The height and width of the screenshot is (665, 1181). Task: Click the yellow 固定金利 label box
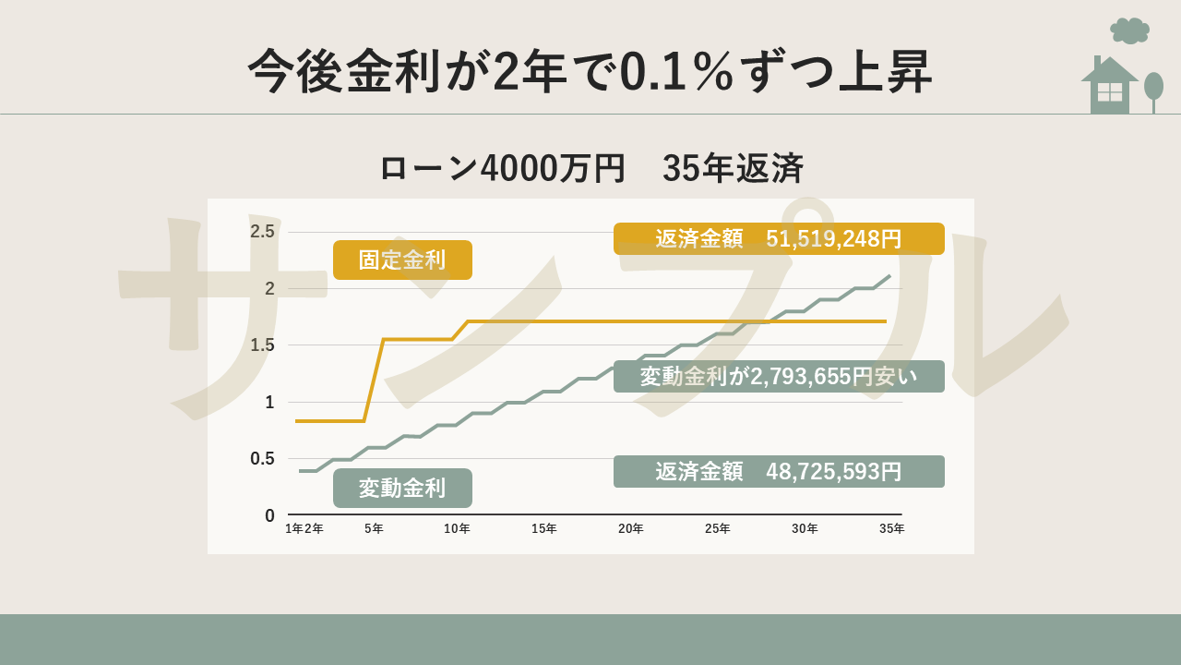[x=402, y=260]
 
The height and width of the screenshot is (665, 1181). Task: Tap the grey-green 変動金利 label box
[x=402, y=488]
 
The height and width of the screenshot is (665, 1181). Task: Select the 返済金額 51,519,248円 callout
[x=779, y=238]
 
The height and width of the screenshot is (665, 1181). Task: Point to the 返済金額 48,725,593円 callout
[x=779, y=471]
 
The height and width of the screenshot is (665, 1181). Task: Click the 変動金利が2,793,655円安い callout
[x=779, y=376]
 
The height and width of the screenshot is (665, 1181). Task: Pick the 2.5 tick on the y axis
[x=262, y=232]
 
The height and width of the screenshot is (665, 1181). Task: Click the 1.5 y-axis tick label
[x=262, y=345]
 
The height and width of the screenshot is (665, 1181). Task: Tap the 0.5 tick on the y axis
[x=262, y=459]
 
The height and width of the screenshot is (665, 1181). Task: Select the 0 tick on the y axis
[x=269, y=515]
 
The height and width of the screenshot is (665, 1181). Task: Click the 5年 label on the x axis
[x=374, y=529]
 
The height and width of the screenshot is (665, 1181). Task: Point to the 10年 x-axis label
[x=457, y=529]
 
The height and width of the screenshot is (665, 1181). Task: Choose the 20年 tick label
[x=631, y=529]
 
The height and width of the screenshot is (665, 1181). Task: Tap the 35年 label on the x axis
[x=891, y=529]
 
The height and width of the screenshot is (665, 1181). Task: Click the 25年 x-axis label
[x=718, y=529]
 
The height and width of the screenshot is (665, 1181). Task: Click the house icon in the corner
[x=1109, y=87]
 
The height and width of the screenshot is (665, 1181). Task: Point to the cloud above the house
[x=1129, y=30]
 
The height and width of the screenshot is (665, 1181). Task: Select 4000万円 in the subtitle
[x=553, y=169]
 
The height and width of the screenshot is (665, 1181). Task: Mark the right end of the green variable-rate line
[x=889, y=276]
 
